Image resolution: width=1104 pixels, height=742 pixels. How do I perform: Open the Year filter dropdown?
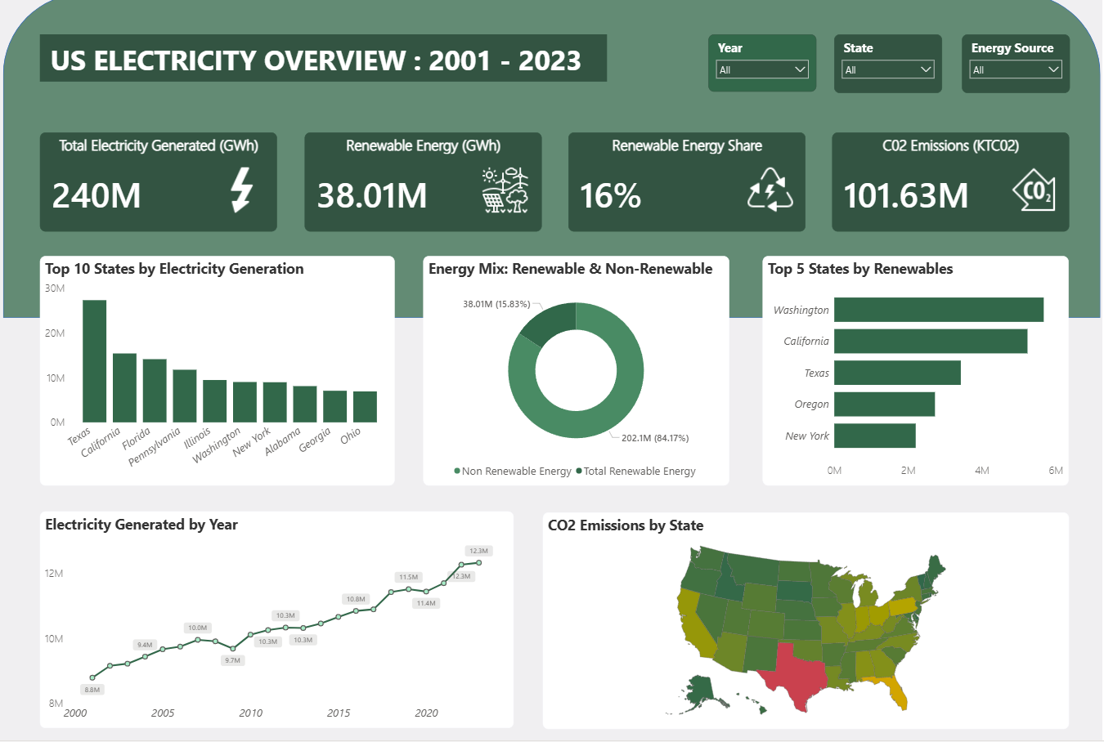point(762,70)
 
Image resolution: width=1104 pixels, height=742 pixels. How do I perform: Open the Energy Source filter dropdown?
point(1016,70)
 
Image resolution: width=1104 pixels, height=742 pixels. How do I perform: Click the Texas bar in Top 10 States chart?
point(94,361)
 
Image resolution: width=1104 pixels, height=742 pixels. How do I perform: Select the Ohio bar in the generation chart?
point(365,406)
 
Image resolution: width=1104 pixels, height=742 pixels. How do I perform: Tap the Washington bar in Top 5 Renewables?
point(938,310)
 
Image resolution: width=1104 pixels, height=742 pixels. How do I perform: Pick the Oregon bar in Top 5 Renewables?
point(884,404)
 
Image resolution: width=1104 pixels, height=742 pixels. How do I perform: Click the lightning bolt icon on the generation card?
point(241,190)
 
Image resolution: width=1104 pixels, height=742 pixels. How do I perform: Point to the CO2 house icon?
point(1034,190)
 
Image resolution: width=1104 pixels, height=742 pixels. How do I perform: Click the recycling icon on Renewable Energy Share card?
point(770,190)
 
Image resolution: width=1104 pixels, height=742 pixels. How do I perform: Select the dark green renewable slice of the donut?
point(547,324)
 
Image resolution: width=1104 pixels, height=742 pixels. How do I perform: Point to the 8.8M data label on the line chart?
point(92,690)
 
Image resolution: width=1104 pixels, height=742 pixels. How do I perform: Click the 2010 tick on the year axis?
point(250,713)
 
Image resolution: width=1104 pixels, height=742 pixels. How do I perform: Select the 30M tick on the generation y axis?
point(55,288)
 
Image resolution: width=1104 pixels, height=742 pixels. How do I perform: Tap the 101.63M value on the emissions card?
point(905,196)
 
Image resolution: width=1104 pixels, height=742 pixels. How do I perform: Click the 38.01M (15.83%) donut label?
point(496,304)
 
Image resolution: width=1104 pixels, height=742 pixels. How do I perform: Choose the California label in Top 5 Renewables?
point(806,342)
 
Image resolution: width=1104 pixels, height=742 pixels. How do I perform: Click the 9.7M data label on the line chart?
point(233,660)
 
